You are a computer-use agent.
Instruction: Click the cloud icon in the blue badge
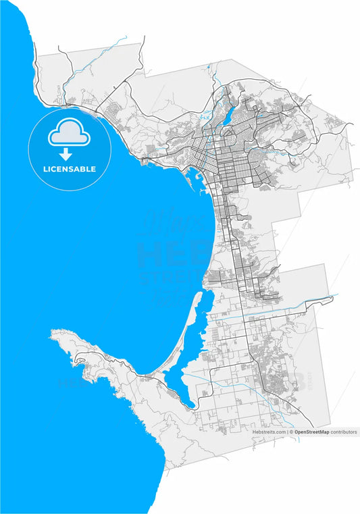coord(68,134)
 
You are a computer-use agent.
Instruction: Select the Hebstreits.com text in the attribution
coord(269,432)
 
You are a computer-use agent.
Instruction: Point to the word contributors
coord(344,432)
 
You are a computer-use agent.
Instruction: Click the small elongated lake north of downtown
coord(228,115)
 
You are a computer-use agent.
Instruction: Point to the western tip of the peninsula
coord(52,332)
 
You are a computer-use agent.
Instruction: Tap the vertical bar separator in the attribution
coord(288,432)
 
